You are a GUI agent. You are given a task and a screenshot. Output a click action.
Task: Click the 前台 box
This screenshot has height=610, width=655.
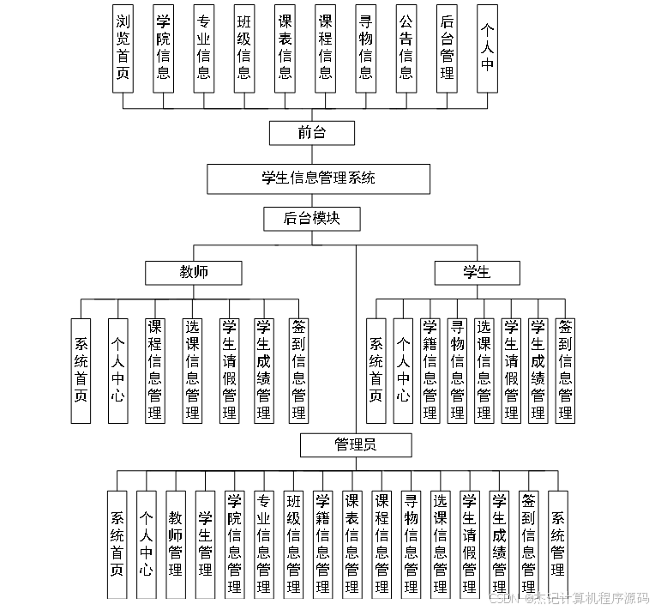point(312,133)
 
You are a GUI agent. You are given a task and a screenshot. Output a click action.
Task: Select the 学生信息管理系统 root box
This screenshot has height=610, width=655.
point(318,178)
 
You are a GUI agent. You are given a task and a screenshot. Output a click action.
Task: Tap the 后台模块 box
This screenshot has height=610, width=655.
point(311,219)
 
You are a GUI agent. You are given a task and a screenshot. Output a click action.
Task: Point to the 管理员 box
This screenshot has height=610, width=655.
point(355,444)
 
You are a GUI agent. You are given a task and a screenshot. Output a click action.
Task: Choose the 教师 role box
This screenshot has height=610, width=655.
point(193,273)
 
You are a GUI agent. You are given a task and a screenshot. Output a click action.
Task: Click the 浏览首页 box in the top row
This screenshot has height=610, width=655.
point(123,48)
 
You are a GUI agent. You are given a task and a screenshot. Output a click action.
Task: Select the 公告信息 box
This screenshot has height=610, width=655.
point(406,48)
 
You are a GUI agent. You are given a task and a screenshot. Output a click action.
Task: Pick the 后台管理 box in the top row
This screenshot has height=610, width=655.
point(446,48)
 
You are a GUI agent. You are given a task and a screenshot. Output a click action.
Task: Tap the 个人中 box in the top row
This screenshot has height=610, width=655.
point(487,48)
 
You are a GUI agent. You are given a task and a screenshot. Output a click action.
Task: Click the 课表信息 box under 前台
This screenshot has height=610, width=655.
point(285,48)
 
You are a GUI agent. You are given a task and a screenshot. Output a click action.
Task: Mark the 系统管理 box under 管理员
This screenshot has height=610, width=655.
point(557,544)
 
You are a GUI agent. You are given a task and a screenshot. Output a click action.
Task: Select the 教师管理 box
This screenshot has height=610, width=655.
point(176,544)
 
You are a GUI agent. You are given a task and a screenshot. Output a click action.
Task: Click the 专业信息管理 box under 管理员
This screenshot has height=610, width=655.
point(264,544)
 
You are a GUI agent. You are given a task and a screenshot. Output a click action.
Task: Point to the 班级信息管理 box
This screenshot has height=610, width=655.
point(293,544)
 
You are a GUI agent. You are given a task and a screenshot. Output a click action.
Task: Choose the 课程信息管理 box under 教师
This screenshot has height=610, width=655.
point(154,371)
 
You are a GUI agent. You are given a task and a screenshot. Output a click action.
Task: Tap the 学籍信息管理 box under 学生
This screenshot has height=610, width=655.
point(430,371)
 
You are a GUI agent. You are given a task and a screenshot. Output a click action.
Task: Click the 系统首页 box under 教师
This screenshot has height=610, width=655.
point(81,371)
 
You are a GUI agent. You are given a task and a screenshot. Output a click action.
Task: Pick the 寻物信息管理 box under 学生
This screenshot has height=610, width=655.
point(457,371)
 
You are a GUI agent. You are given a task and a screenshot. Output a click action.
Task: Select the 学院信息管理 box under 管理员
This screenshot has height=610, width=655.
point(234,544)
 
